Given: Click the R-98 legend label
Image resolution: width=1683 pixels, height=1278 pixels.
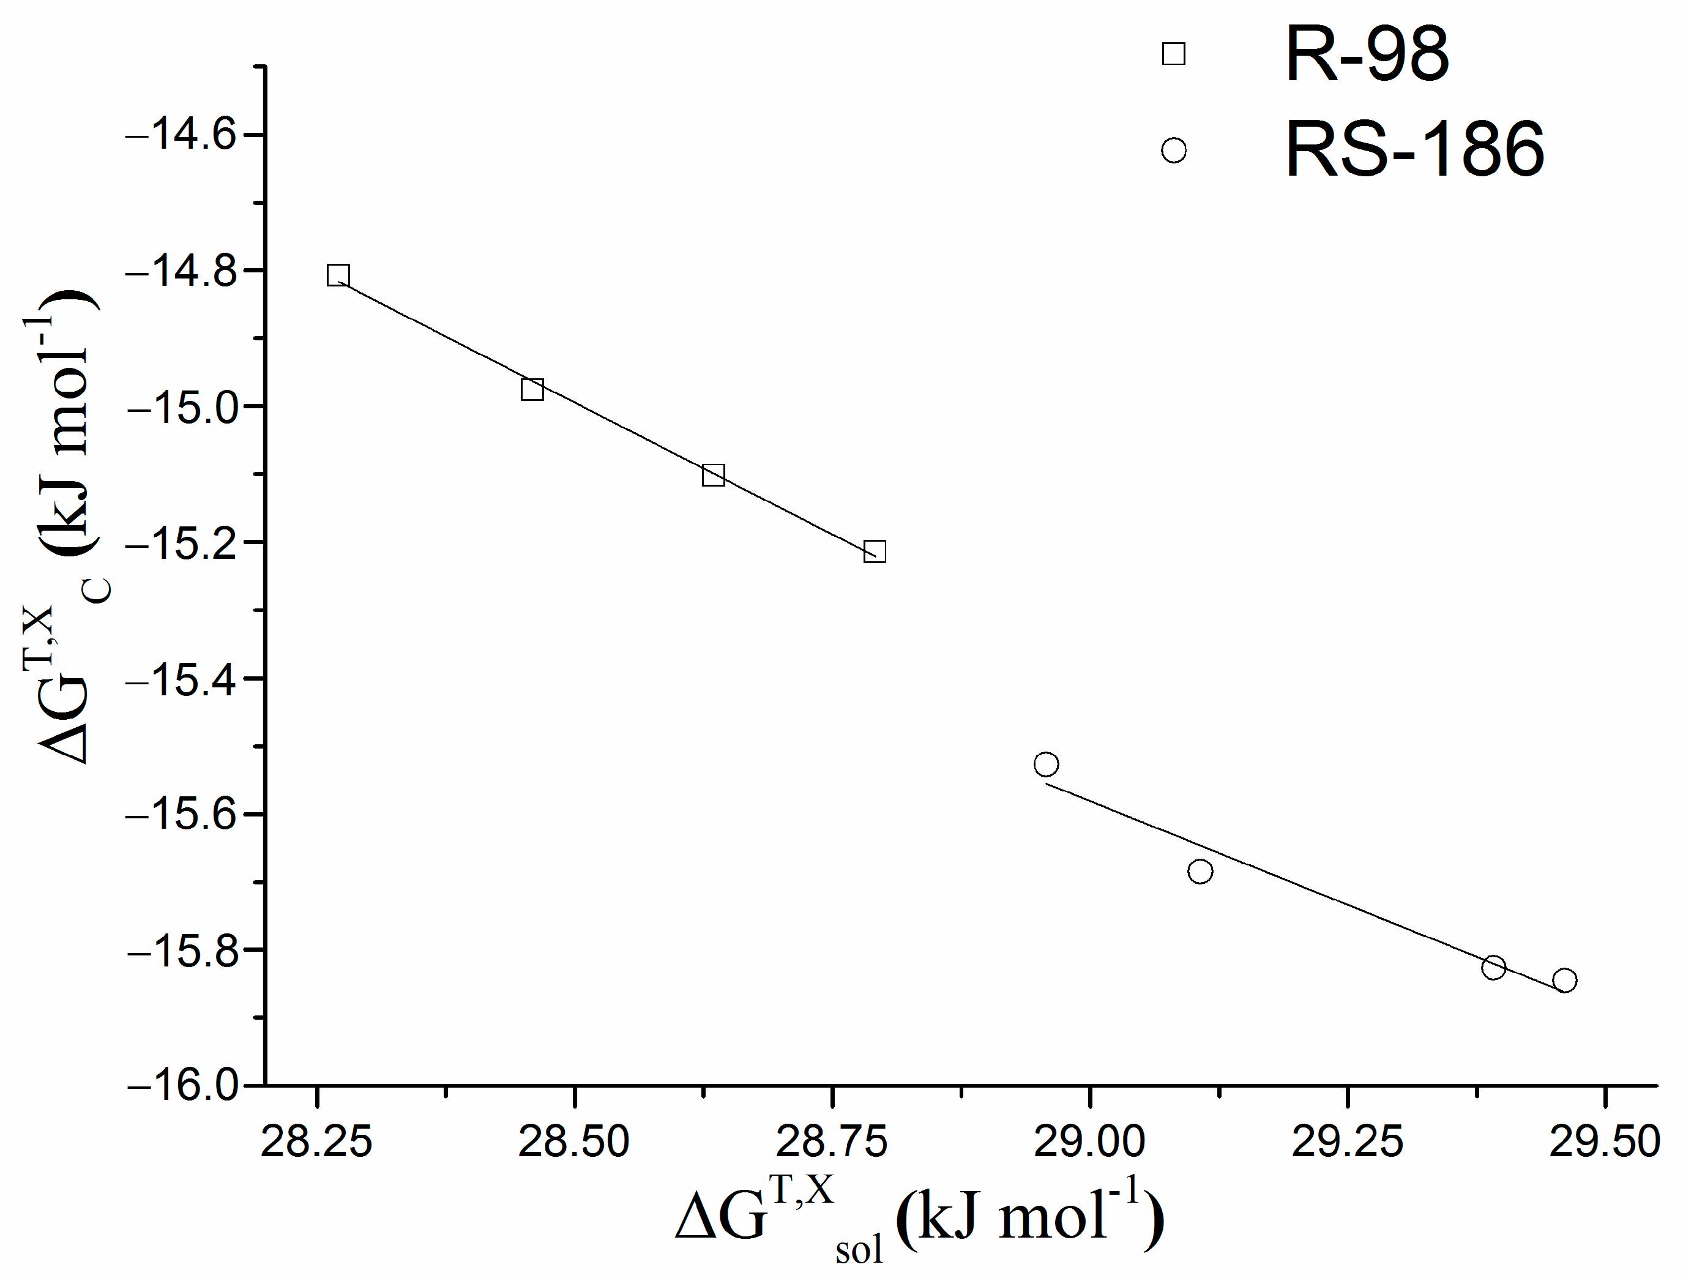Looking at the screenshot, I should coord(1367,54).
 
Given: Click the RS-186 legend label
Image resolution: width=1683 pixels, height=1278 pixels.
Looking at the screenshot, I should coord(1414,150).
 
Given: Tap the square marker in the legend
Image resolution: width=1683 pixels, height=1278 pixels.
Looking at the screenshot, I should coord(1173,54).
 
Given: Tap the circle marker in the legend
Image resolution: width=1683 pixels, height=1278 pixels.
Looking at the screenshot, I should coord(1173,150).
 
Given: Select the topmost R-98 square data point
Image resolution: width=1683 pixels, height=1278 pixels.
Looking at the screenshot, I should coord(338,275).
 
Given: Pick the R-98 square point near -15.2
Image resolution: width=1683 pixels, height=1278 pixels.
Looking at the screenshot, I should coord(874,551).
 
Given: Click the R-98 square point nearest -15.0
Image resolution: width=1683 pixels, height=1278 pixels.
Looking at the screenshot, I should coord(532,389).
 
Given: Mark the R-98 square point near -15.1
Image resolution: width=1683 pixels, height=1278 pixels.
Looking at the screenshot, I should coord(713,476).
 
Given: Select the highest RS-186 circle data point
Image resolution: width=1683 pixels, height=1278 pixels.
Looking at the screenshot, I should coord(1046,764).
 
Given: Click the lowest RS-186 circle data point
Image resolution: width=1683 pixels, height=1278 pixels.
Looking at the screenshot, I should coord(1564,980).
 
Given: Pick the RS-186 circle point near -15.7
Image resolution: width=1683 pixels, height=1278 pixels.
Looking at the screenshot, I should coord(1200,871).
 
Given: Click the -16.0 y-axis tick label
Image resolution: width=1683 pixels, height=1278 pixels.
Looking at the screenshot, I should coord(182,1085).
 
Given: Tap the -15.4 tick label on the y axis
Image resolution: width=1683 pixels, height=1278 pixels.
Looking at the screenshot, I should coord(182,679).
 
